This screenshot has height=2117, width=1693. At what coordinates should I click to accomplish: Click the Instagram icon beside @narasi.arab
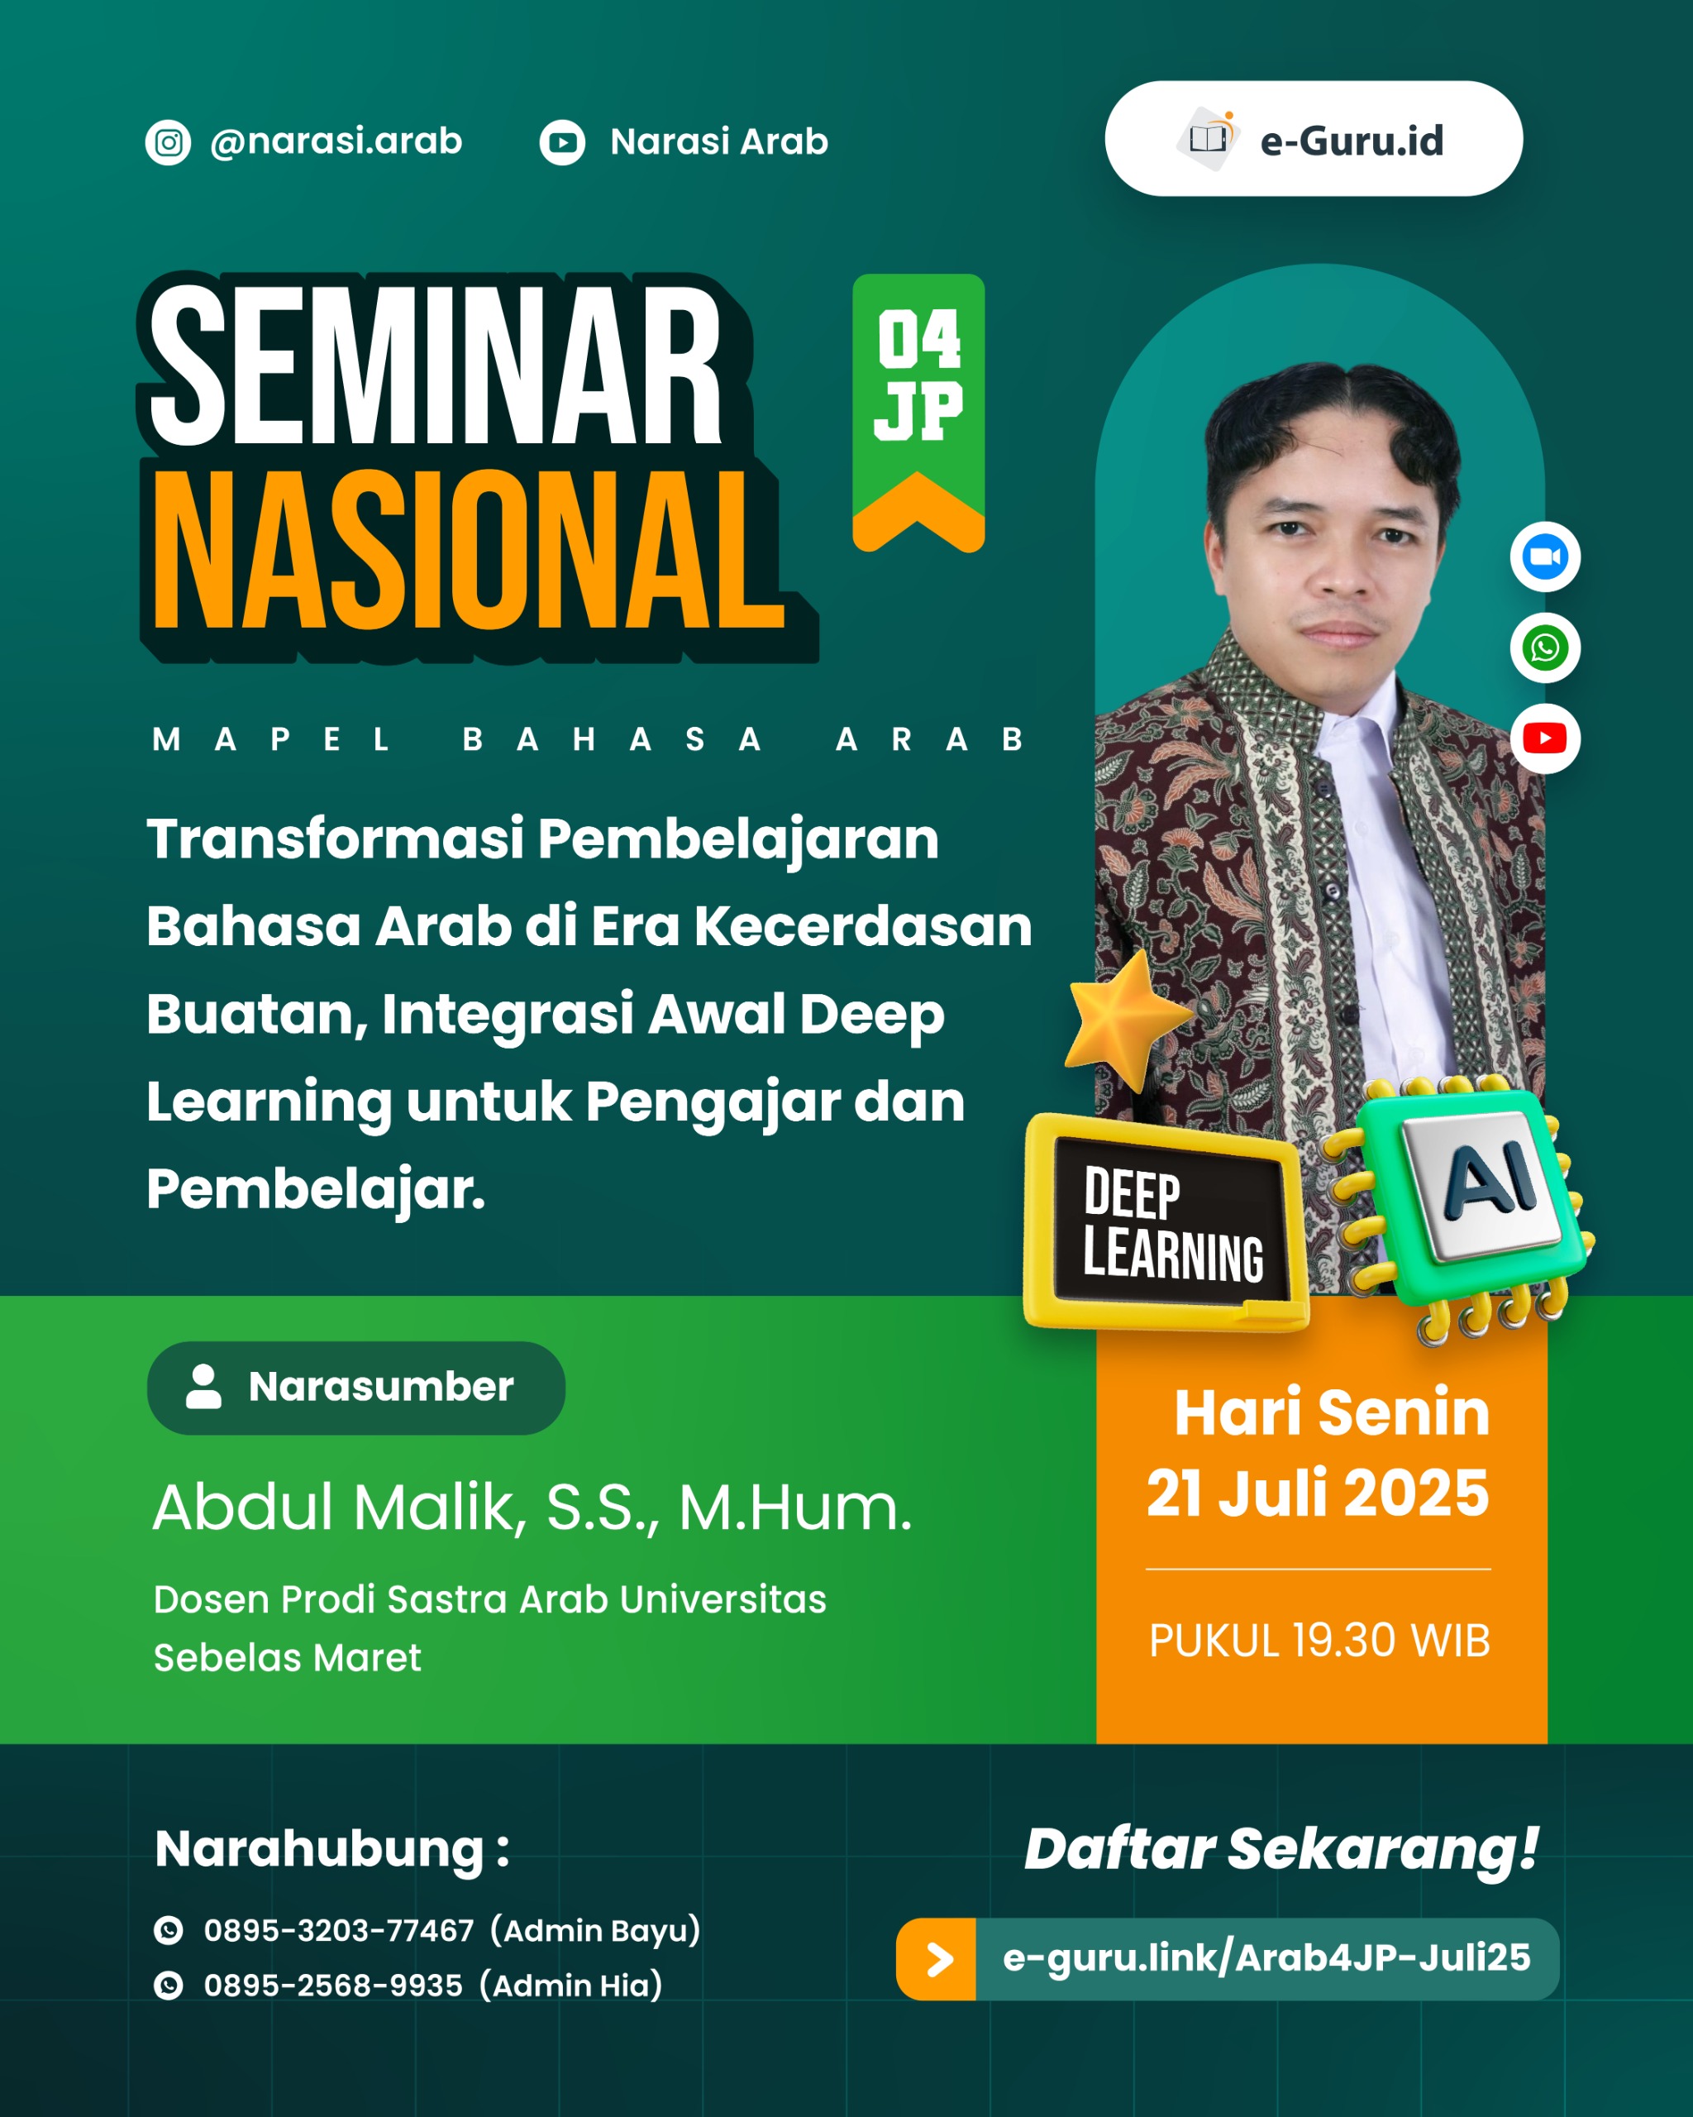pyautogui.click(x=168, y=142)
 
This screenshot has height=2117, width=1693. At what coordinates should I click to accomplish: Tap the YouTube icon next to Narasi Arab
pyautogui.click(x=561, y=142)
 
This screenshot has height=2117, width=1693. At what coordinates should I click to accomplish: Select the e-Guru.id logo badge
pyautogui.click(x=1314, y=140)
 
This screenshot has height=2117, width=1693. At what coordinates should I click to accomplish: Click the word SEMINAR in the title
pyautogui.click(x=436, y=366)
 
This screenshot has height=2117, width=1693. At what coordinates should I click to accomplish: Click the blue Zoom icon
pyautogui.click(x=1544, y=557)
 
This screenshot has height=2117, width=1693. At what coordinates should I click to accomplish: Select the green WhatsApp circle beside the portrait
pyautogui.click(x=1544, y=648)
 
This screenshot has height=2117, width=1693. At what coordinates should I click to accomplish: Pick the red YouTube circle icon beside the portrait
pyautogui.click(x=1544, y=738)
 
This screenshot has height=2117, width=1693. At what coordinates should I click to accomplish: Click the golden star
pyautogui.click(x=1128, y=1021)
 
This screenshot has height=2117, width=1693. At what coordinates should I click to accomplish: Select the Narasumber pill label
pyautogui.click(x=355, y=1388)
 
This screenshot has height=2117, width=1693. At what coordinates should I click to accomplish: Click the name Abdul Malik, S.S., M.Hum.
pyautogui.click(x=532, y=1508)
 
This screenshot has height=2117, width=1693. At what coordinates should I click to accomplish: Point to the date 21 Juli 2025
pyautogui.click(x=1317, y=1493)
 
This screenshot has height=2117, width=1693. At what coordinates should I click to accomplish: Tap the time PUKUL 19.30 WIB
pyautogui.click(x=1319, y=1641)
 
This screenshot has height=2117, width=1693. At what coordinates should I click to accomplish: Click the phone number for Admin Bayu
pyautogui.click(x=339, y=1930)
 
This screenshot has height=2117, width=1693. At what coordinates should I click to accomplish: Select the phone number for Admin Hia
pyautogui.click(x=332, y=1986)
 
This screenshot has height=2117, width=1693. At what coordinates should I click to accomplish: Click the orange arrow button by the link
pyautogui.click(x=937, y=1959)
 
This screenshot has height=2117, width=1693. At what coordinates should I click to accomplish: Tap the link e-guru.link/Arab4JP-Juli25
pyautogui.click(x=1266, y=1958)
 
